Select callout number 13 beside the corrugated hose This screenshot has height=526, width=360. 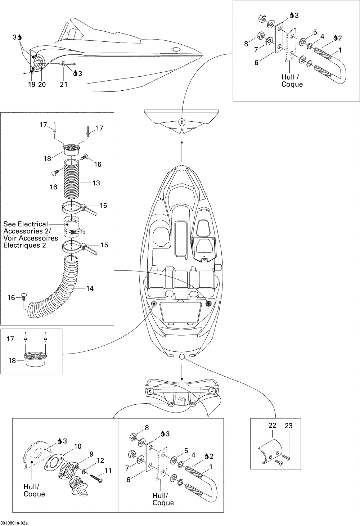[96, 183]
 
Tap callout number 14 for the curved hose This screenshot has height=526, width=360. [90, 288]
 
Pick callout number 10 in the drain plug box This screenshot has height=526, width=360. [77, 446]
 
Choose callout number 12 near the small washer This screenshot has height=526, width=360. [100, 460]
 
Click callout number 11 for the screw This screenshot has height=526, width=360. [108, 471]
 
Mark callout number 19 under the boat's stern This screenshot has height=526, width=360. [32, 84]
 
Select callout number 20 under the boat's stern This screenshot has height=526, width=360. [42, 84]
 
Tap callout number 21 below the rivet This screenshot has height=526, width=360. [64, 84]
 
